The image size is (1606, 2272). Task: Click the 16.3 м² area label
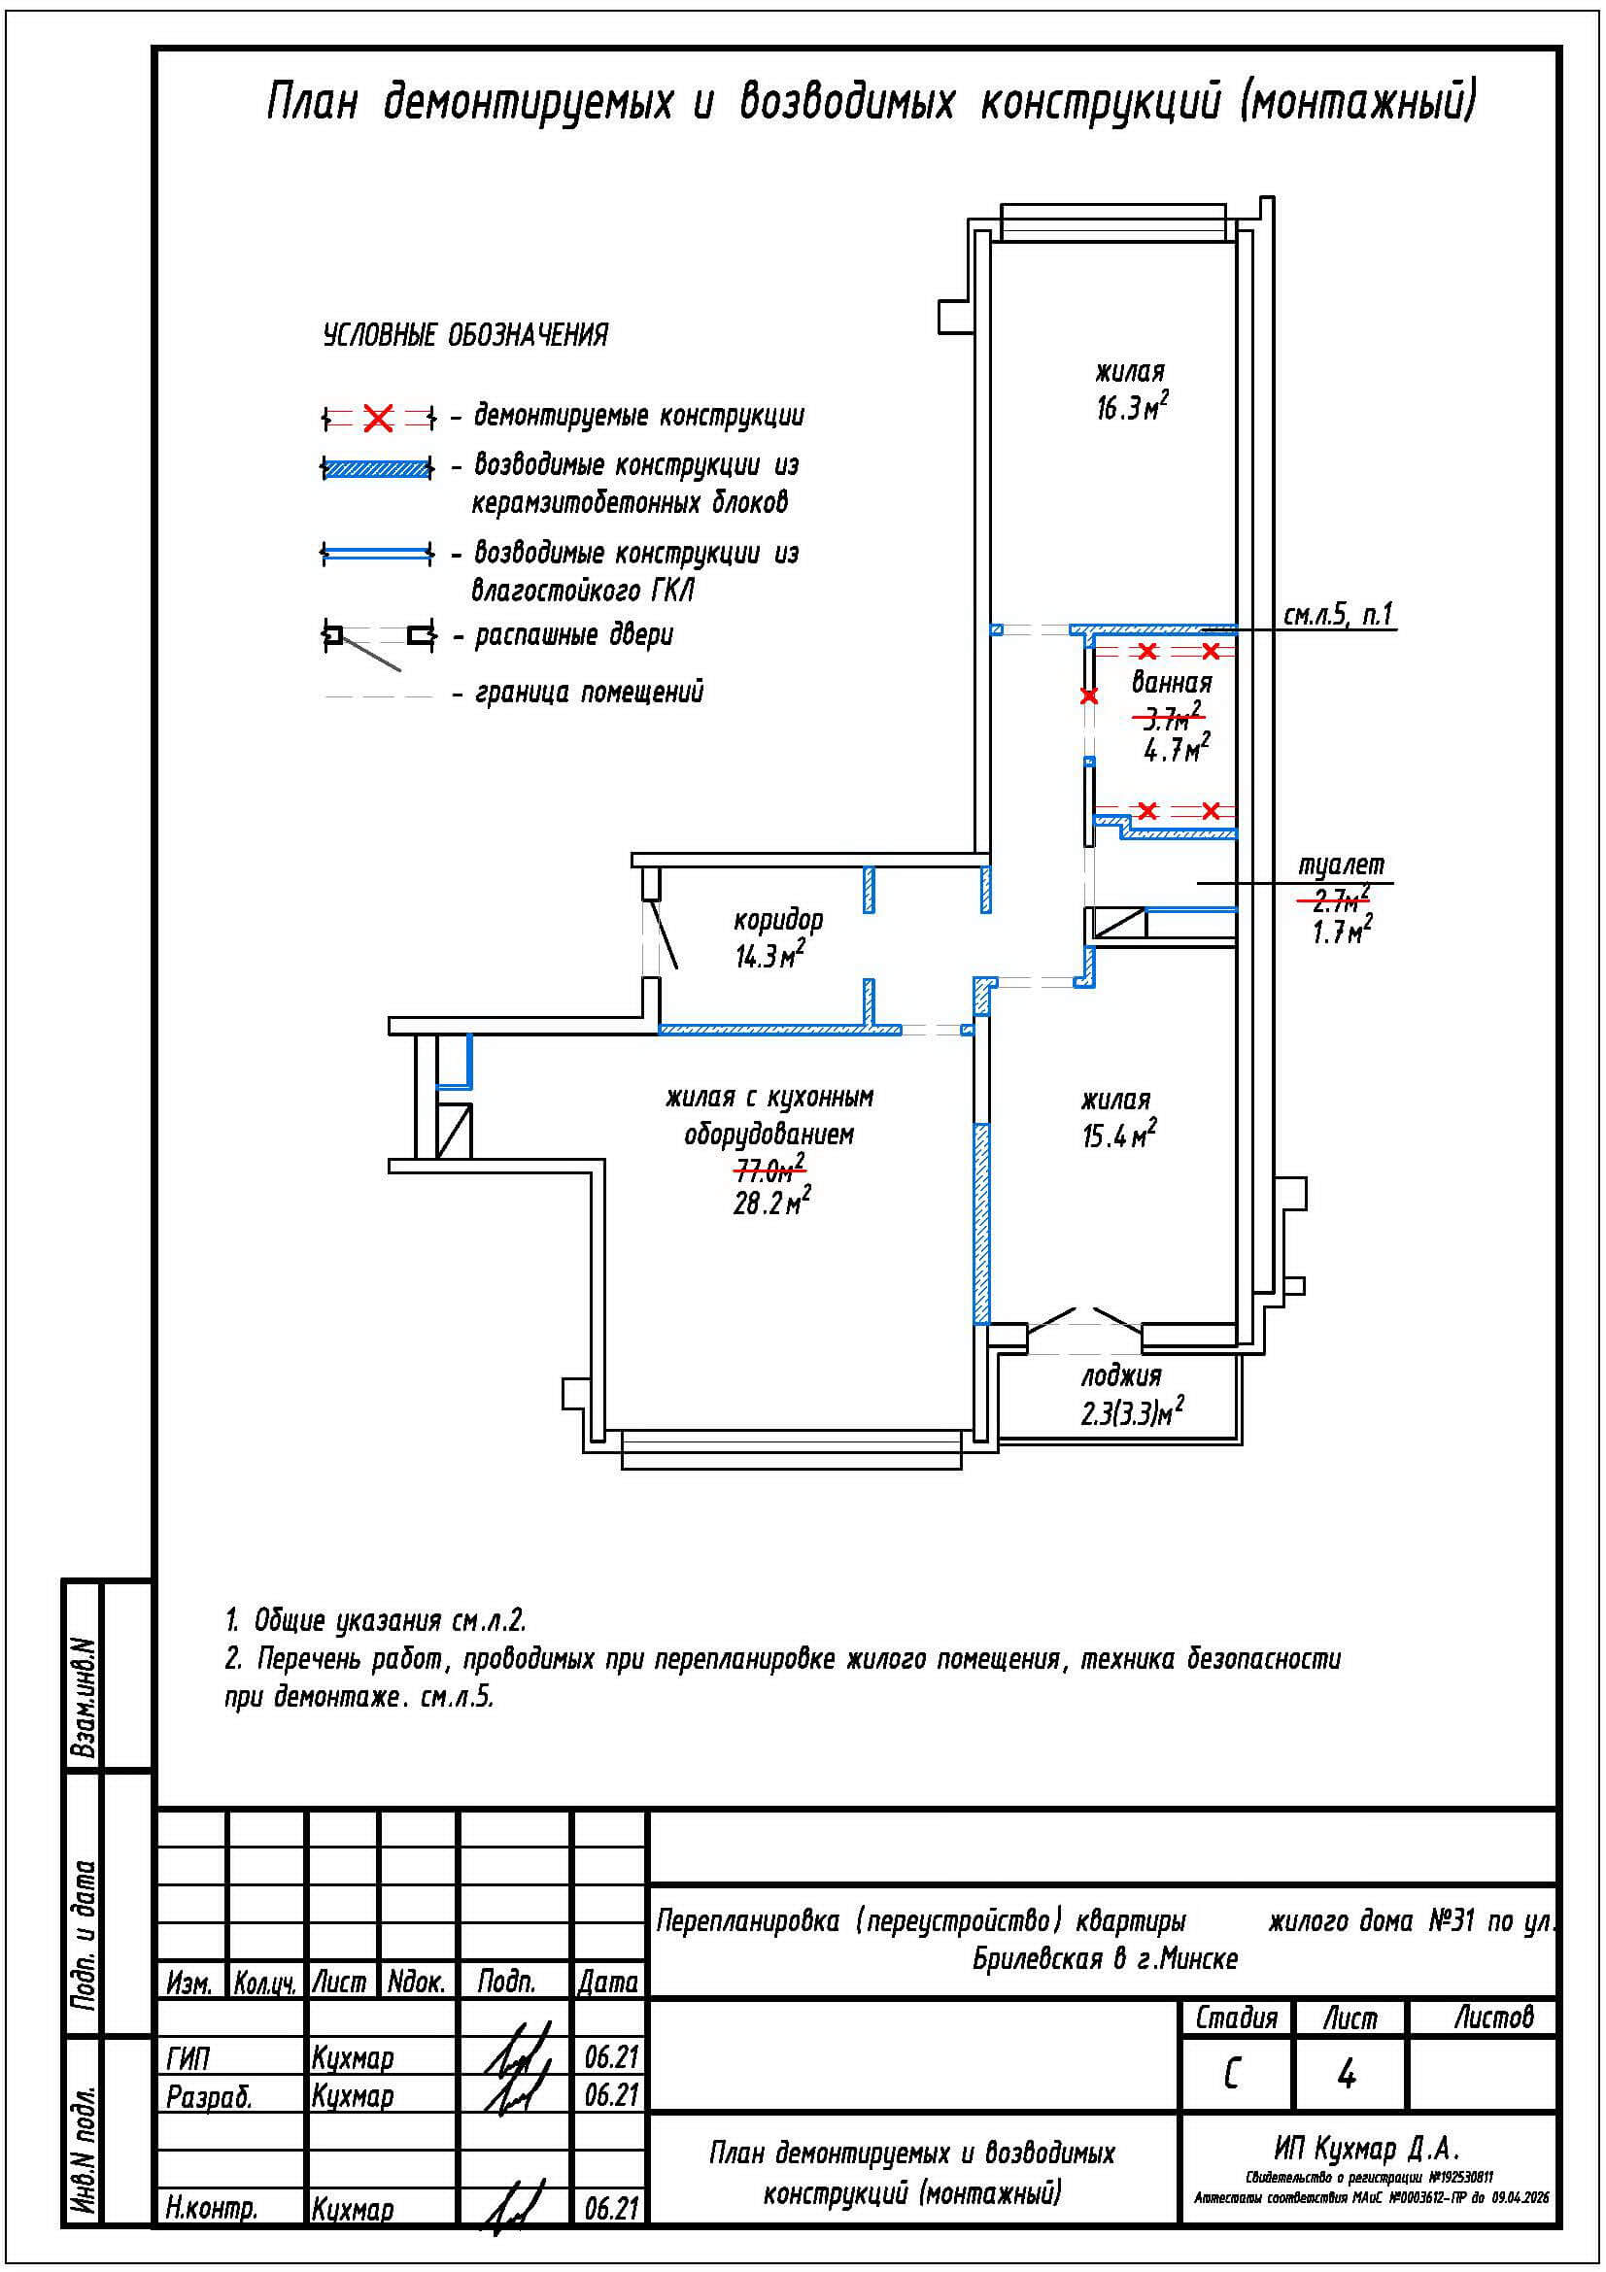pyautogui.click(x=1131, y=407)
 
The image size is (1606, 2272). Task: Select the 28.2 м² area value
pyautogui.click(x=770, y=1204)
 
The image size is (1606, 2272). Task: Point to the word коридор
pyautogui.click(x=778, y=919)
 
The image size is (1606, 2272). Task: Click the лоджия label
pyautogui.click(x=1120, y=1375)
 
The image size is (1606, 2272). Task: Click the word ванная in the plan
pyautogui.click(x=1172, y=682)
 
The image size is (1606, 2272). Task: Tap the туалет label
pyautogui.click(x=1341, y=865)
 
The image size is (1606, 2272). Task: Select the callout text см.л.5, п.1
pyautogui.click(x=1338, y=616)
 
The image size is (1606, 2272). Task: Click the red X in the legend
pyautogui.click(x=378, y=419)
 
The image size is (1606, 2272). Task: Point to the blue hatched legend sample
pyautogui.click(x=377, y=468)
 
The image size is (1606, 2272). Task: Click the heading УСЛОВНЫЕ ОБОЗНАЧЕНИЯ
pyautogui.click(x=465, y=335)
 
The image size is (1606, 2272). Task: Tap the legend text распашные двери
pyautogui.click(x=574, y=634)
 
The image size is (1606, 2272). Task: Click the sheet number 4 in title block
pyautogui.click(x=1346, y=2076)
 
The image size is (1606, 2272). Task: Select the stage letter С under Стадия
pyautogui.click(x=1231, y=2076)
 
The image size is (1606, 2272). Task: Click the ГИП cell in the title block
pyautogui.click(x=188, y=2058)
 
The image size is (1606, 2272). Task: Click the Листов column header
pyautogui.click(x=1492, y=2017)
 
